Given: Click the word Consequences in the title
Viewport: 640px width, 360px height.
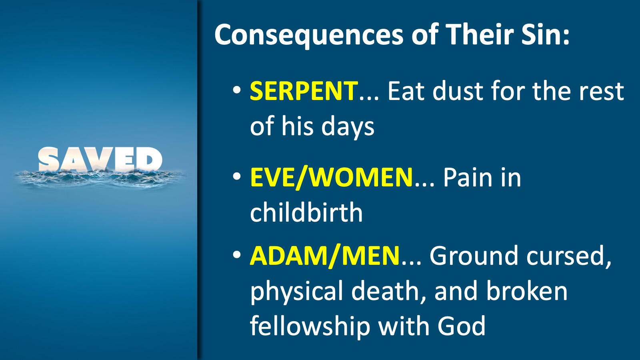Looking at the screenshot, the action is (x=309, y=35).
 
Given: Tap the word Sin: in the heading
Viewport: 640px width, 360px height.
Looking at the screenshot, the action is (x=546, y=34).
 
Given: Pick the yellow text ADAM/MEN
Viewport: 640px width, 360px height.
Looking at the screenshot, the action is (x=324, y=256).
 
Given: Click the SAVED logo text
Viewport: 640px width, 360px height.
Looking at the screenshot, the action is (x=100, y=160).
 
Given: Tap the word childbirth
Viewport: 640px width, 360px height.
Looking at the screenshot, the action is (x=306, y=212).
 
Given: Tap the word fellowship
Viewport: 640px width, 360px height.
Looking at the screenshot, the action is (x=310, y=326).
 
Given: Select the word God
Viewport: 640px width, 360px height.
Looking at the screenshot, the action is (x=462, y=326).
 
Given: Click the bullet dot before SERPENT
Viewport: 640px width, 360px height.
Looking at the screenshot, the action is (x=237, y=90).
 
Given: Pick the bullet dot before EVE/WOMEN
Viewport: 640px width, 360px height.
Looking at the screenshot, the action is (x=237, y=176).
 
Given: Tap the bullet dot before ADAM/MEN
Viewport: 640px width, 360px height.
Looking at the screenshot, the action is (x=237, y=254).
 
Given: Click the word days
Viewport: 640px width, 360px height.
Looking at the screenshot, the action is (x=348, y=126).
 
